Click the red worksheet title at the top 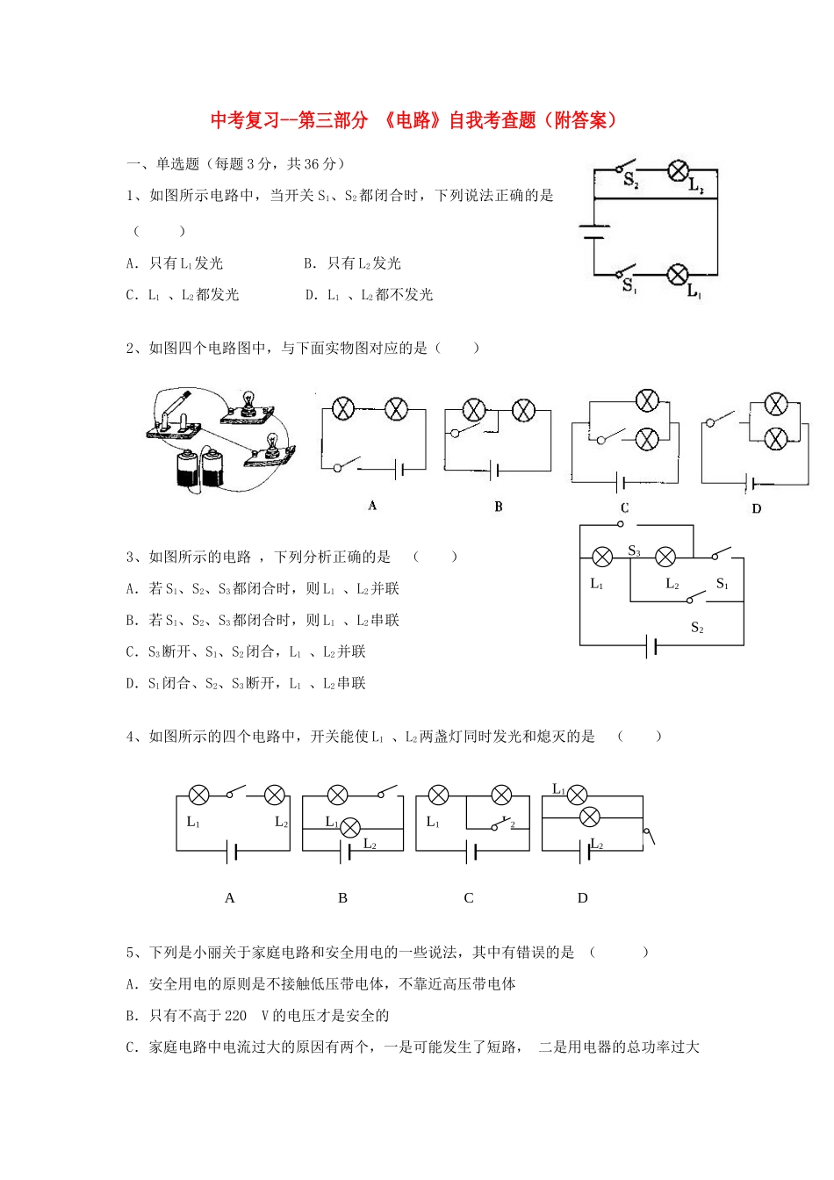click(x=414, y=120)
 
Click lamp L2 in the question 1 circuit click(x=678, y=170)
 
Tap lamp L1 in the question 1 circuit click(x=678, y=275)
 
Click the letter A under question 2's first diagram click(x=372, y=506)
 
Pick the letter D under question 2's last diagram click(x=756, y=508)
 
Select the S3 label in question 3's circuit click(x=634, y=551)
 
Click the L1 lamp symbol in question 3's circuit click(x=602, y=557)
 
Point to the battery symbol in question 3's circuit click(x=651, y=647)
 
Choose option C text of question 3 click(x=246, y=651)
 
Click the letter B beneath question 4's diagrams click(x=342, y=898)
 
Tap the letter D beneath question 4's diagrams click(x=582, y=898)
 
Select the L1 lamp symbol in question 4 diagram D click(x=577, y=795)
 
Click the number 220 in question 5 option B click(x=235, y=1016)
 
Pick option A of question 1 click(x=175, y=263)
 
